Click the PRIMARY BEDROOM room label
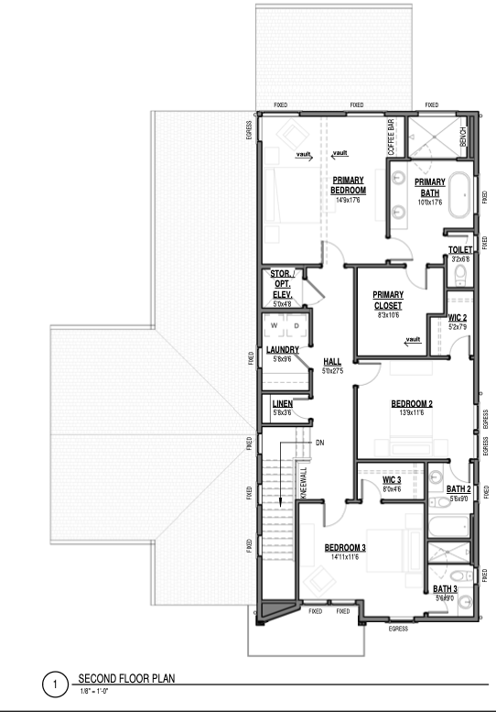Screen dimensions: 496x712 (348, 185)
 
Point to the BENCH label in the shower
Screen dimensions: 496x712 (463, 137)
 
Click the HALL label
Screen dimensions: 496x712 (332, 362)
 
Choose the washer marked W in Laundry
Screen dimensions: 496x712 (275, 325)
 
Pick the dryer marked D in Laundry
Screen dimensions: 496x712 (297, 325)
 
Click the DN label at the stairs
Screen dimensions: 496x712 (319, 443)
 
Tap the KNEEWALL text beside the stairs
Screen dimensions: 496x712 (304, 483)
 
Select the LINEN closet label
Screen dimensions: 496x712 (283, 404)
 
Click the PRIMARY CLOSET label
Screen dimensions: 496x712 (388, 301)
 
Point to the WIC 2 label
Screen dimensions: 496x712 (458, 318)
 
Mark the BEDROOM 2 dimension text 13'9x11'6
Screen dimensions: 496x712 (412, 412)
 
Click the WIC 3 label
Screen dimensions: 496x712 (392, 480)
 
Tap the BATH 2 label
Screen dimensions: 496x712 (458, 489)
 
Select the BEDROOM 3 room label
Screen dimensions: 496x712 (345, 548)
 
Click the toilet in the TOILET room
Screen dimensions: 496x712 (460, 275)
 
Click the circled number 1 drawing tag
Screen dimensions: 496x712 (55, 685)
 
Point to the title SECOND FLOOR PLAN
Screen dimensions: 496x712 (126, 678)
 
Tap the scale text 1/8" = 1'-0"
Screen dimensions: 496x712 (94, 692)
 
